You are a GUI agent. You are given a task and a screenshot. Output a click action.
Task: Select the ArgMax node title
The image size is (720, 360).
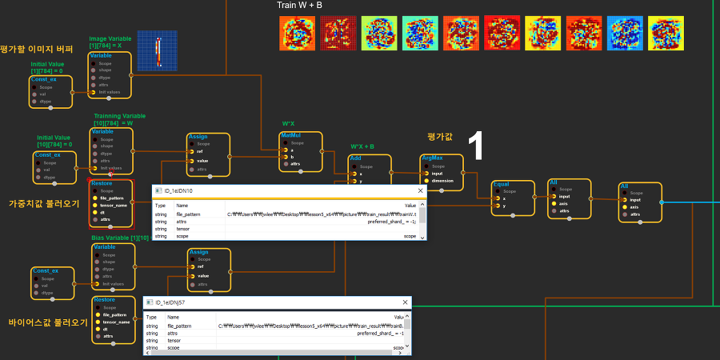click(x=432, y=158)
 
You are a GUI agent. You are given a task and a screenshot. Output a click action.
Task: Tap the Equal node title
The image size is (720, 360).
click(x=502, y=184)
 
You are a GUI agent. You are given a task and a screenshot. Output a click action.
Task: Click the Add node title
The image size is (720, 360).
click(x=356, y=159)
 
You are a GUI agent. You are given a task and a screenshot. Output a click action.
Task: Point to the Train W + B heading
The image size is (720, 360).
click(x=301, y=5)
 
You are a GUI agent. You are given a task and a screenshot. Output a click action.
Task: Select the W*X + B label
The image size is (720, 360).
click(x=362, y=146)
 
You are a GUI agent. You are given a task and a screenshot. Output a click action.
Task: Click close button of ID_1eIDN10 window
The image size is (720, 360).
click(x=420, y=191)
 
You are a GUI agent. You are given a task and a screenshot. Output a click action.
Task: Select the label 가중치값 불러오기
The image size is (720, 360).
click(x=44, y=203)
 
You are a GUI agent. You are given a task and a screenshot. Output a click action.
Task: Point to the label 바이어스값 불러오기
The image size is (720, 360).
click(x=48, y=323)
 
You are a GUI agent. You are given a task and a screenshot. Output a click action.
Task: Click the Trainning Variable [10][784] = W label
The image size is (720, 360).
click(x=119, y=120)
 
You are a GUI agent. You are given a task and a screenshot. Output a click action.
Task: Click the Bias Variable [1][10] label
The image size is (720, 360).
click(x=121, y=238)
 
